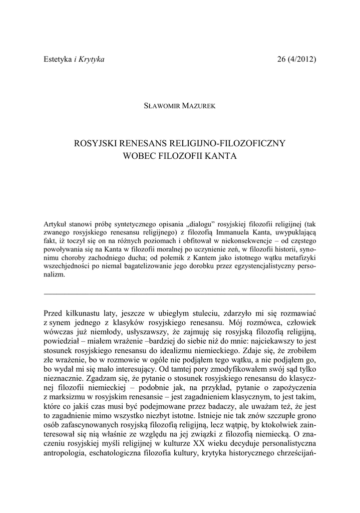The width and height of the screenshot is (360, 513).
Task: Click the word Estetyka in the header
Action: click(x=58, y=60)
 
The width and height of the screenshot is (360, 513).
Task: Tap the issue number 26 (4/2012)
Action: click(x=296, y=60)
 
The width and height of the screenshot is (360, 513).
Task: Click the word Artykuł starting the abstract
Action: click(x=57, y=224)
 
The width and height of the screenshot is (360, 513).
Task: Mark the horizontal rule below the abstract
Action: click(x=180, y=293)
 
